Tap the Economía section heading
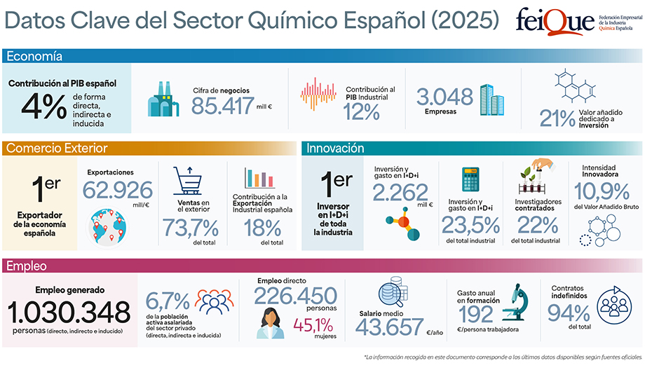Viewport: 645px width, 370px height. pyautogui.click(x=34, y=56)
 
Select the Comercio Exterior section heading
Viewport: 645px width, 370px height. pyautogui.click(x=56, y=148)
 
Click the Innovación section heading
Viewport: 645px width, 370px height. pyautogui.click(x=335, y=148)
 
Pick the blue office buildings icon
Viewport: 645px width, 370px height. pyautogui.click(x=488, y=101)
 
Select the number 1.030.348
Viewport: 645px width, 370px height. pyautogui.click(x=69, y=311)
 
